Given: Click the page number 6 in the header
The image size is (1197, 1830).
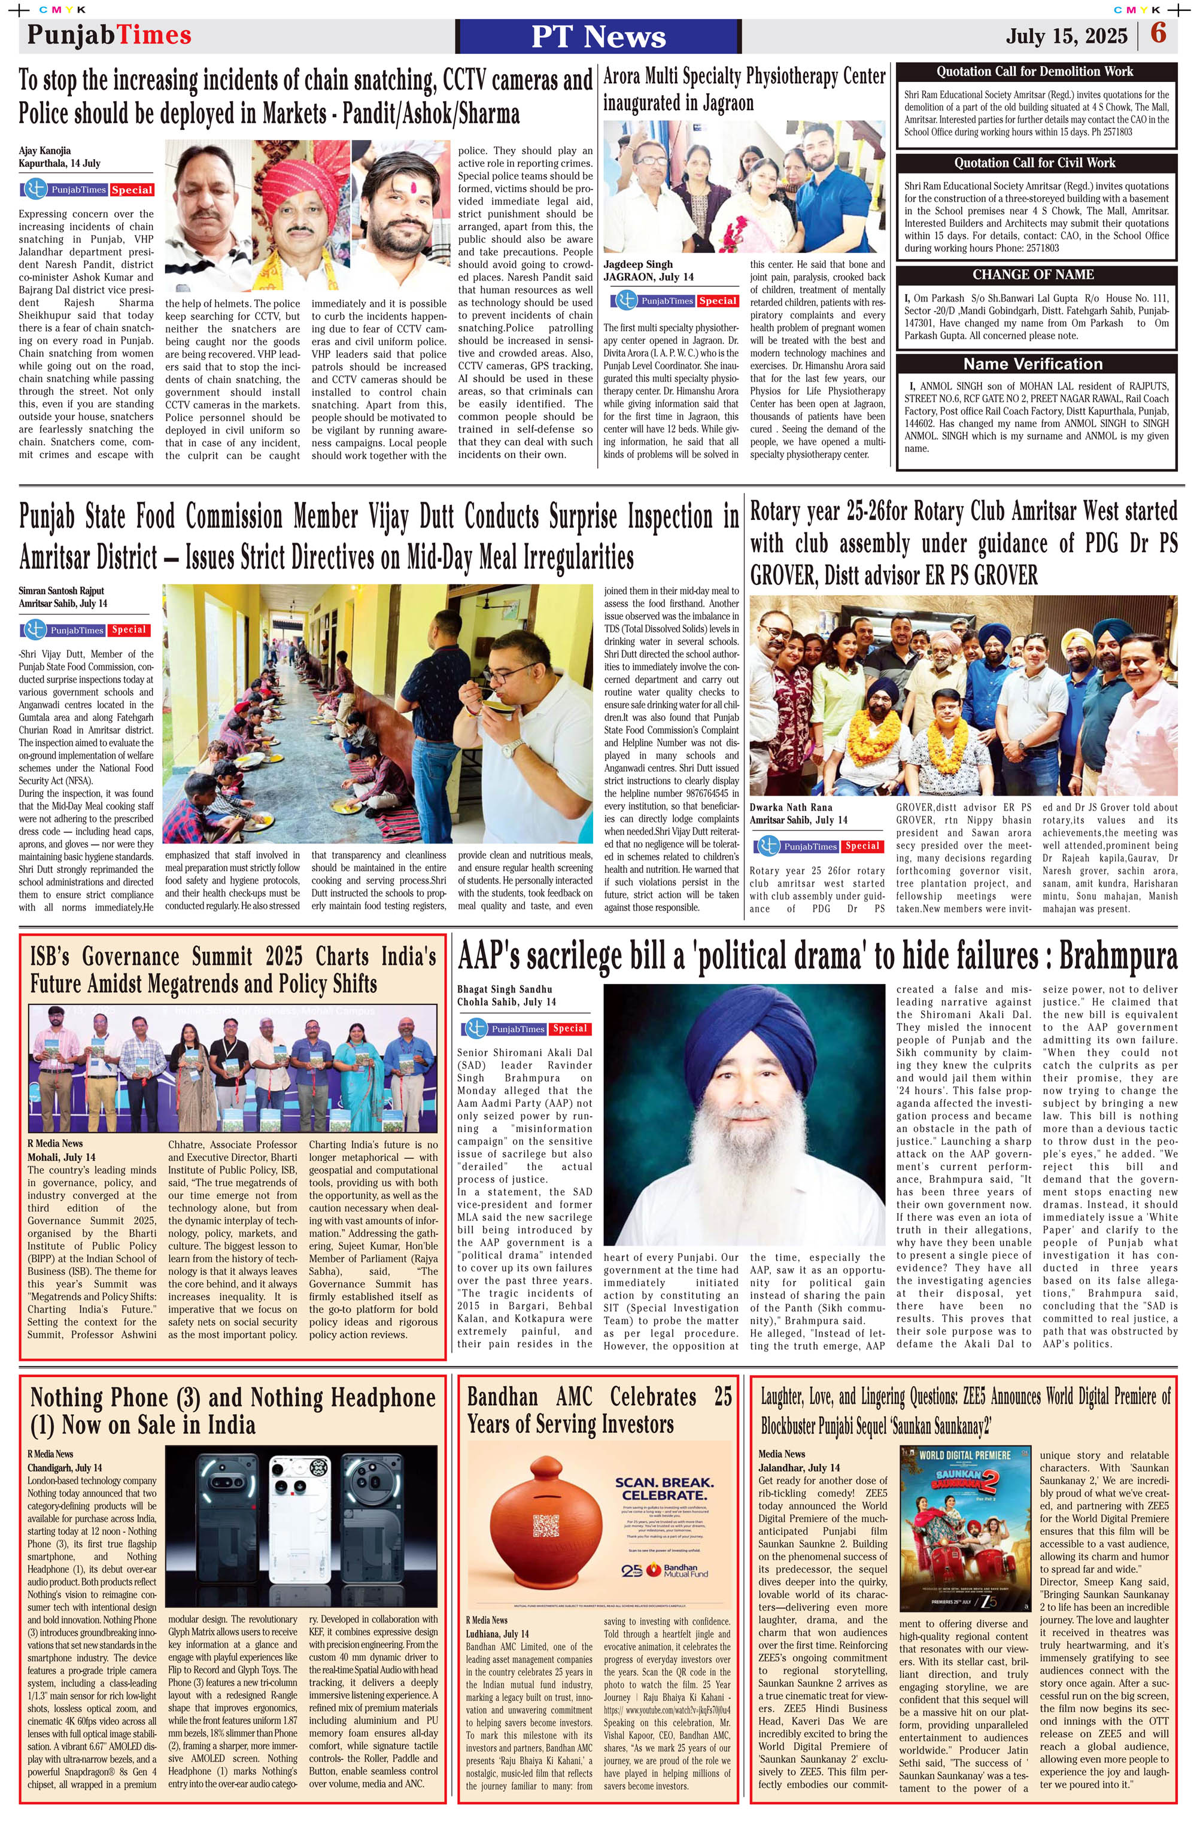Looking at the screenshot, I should [1159, 34].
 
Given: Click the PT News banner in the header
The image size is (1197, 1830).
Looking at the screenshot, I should [598, 36].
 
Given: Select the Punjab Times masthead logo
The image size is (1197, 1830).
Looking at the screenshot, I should [110, 35].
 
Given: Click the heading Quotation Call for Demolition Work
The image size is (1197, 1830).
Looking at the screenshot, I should [1035, 72].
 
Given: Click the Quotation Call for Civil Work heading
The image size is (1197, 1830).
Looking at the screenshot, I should [1035, 162].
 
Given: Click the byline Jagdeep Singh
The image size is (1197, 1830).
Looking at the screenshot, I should [638, 264].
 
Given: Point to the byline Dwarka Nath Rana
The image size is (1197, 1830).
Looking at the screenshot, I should [791, 808].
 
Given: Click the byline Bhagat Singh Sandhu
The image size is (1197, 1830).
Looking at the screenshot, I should [505, 989].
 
